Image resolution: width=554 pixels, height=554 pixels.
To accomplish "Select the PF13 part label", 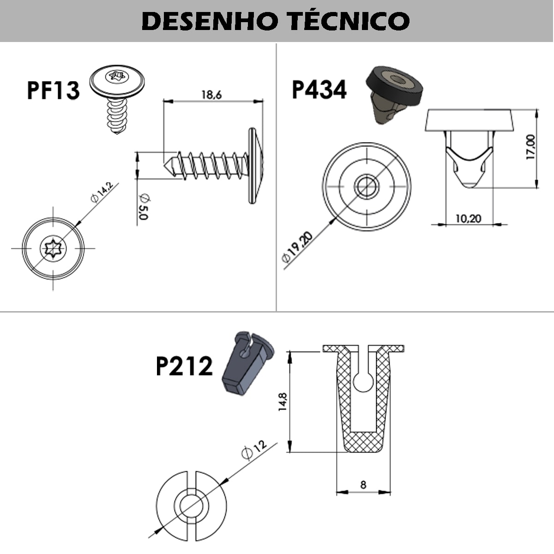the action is (x=53, y=90).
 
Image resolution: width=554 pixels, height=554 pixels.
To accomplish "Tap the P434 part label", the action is (x=319, y=90).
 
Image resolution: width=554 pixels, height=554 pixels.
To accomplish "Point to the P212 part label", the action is (x=184, y=366).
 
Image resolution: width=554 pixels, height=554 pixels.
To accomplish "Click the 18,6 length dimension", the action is (x=211, y=95).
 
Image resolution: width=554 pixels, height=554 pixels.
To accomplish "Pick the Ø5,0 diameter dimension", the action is (x=144, y=207).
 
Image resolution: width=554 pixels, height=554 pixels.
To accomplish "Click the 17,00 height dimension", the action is (x=530, y=147).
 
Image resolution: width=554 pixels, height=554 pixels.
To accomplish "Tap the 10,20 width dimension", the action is (x=468, y=219).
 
